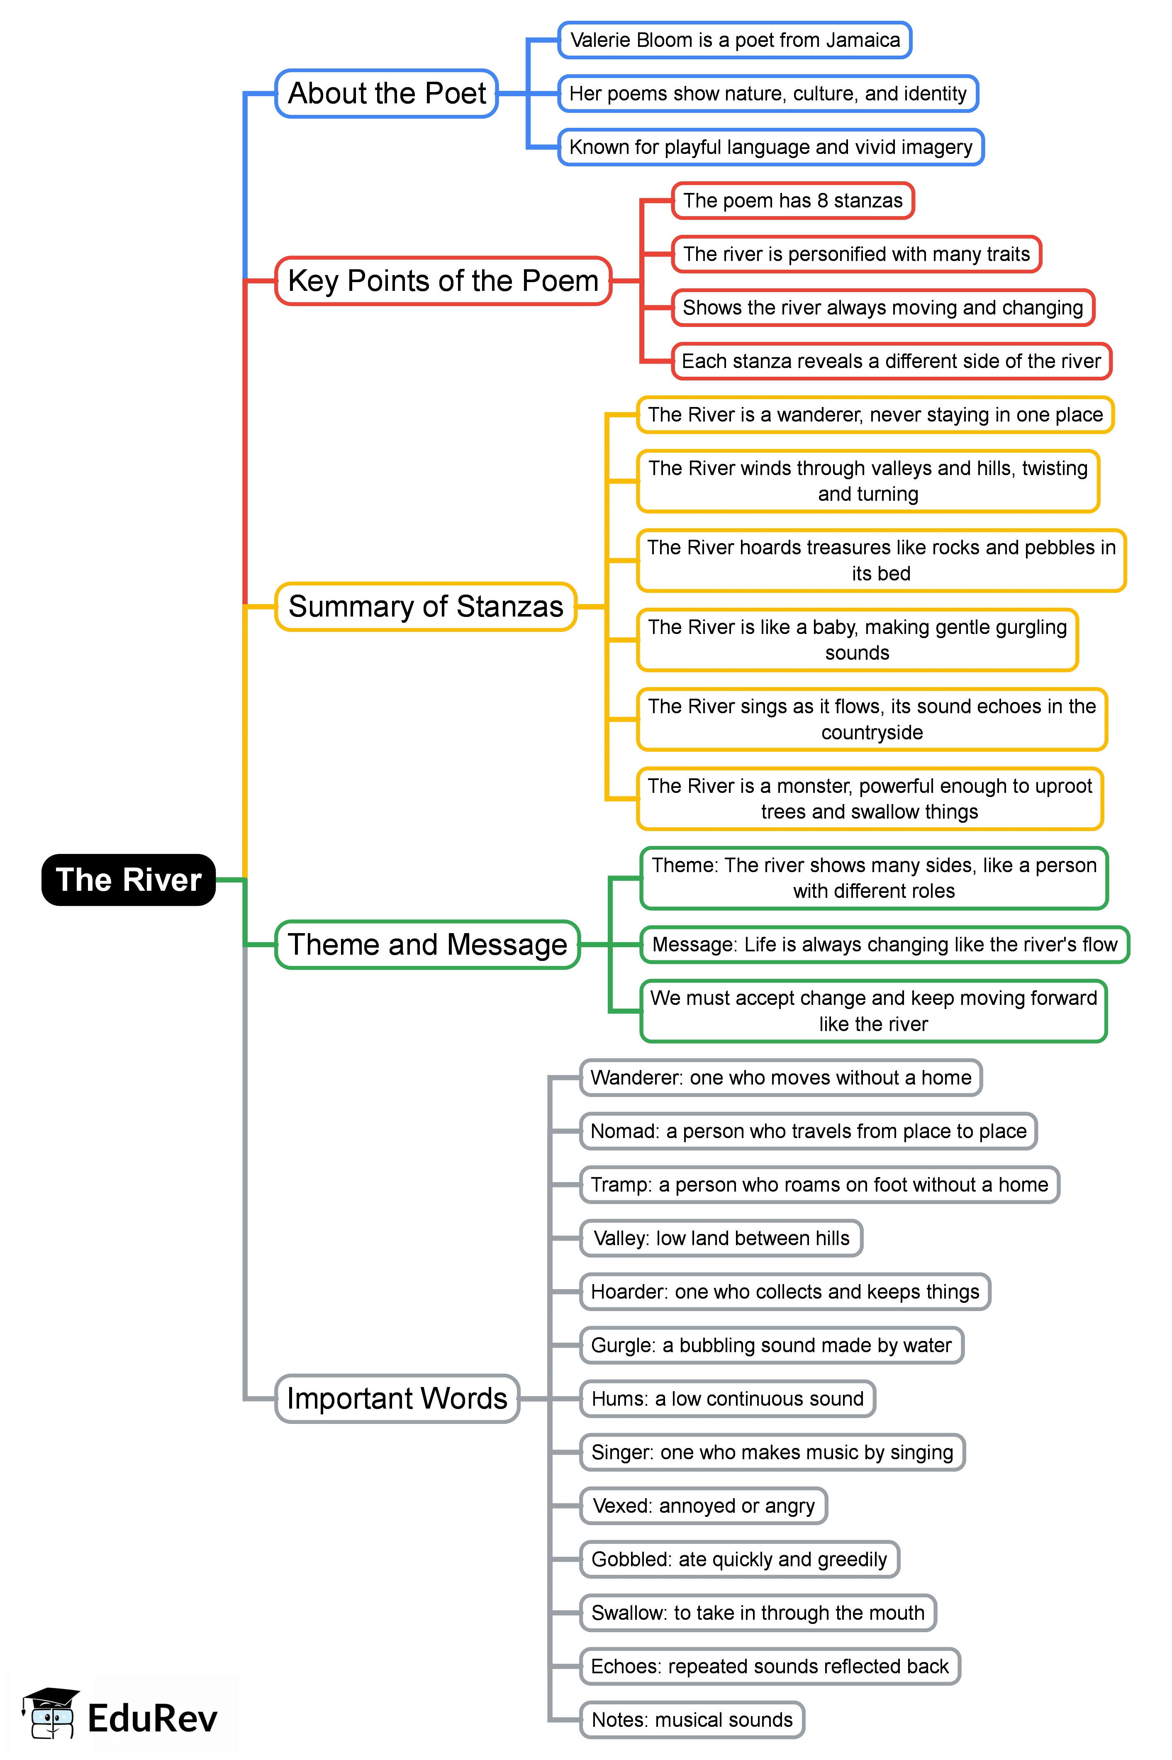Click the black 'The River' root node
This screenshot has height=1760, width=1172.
click(x=129, y=880)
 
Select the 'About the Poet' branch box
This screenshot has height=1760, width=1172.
click(x=386, y=93)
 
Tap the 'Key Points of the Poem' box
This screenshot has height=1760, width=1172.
click(x=443, y=281)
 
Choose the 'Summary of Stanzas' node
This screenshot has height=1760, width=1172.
click(x=425, y=606)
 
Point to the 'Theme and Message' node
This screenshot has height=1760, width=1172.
click(x=428, y=945)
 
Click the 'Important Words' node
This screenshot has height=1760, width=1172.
click(x=397, y=1398)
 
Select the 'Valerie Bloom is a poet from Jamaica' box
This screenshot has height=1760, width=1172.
click(x=735, y=40)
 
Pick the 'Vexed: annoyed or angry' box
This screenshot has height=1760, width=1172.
click(x=703, y=1506)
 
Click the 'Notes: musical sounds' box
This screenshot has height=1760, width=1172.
click(x=692, y=1720)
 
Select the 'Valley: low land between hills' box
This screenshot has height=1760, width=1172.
click(x=721, y=1238)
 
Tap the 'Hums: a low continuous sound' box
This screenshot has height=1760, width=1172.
click(x=727, y=1399)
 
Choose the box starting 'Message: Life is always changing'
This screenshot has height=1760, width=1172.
click(x=884, y=945)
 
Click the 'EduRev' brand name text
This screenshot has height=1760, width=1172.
click(x=153, y=1718)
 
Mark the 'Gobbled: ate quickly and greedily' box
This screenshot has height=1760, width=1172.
click(x=739, y=1560)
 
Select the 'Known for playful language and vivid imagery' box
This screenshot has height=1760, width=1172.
click(x=771, y=147)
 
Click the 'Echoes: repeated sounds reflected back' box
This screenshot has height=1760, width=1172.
click(x=770, y=1667)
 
